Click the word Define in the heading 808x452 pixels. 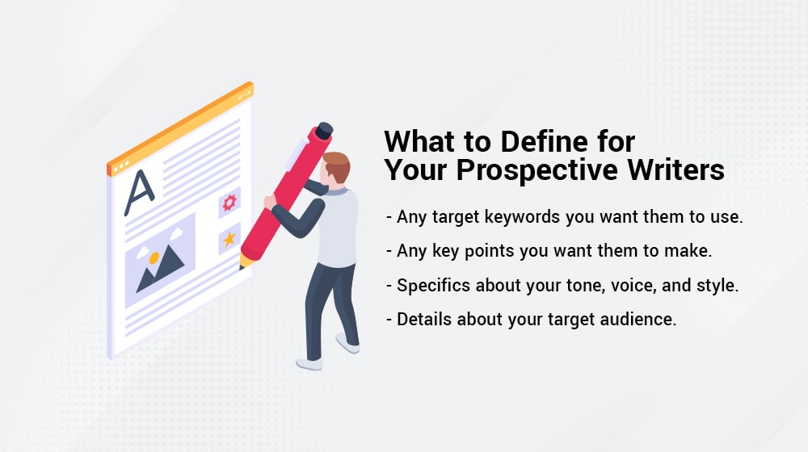[x=544, y=141]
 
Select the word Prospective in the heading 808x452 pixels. [x=537, y=170]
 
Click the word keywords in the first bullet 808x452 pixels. [x=522, y=217]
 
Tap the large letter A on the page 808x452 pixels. [x=139, y=193]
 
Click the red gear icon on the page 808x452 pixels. [x=229, y=203]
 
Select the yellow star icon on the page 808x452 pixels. [x=229, y=239]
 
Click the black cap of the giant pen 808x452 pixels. [x=324, y=131]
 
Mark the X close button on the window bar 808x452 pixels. [x=249, y=93]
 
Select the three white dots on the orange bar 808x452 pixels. [x=121, y=166]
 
